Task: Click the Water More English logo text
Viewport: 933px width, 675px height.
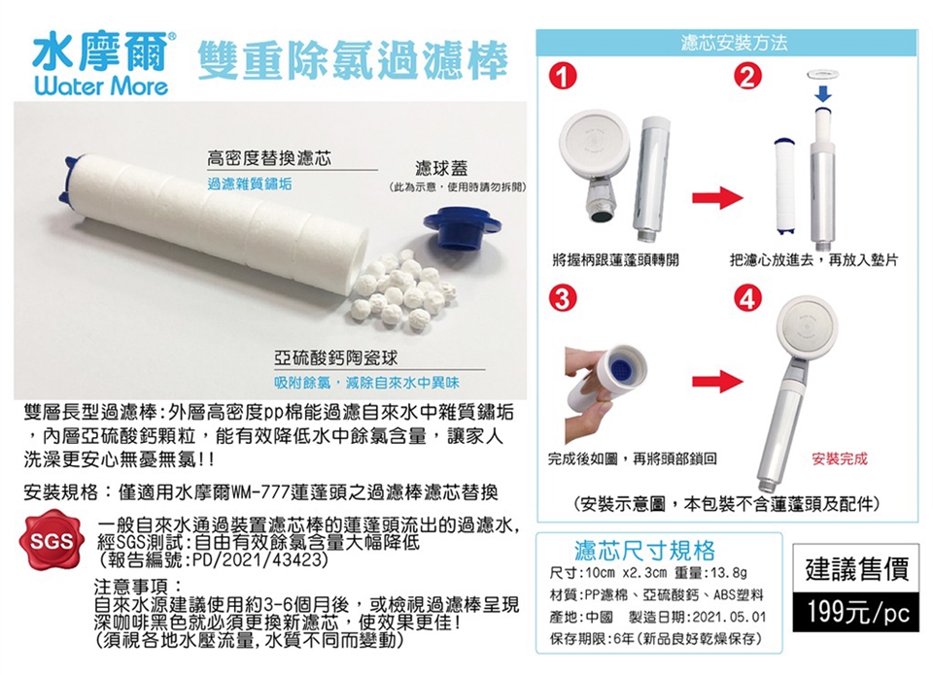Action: [x=101, y=86]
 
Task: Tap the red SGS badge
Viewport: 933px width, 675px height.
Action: [x=50, y=540]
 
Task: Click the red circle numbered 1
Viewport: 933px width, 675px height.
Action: [x=563, y=77]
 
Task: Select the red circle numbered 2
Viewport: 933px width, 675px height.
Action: [x=747, y=77]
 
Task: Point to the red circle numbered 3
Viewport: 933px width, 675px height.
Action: [x=563, y=298]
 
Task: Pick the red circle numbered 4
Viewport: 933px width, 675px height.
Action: [x=747, y=298]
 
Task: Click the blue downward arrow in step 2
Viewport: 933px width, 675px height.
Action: [x=823, y=93]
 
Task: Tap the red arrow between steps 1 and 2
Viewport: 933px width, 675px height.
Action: [x=717, y=197]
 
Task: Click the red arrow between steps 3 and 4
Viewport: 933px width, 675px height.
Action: [x=717, y=382]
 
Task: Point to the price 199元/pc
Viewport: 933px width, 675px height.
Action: [x=858, y=612]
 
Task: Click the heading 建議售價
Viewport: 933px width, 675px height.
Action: [x=857, y=569]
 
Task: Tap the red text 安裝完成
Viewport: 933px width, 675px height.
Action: [x=840, y=458]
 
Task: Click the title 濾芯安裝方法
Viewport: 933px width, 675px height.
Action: [x=734, y=43]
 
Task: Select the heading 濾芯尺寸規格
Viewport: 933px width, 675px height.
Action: [x=644, y=550]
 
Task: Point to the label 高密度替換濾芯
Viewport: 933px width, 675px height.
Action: [x=269, y=158]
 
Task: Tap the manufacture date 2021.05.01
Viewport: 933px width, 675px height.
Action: [x=729, y=617]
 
